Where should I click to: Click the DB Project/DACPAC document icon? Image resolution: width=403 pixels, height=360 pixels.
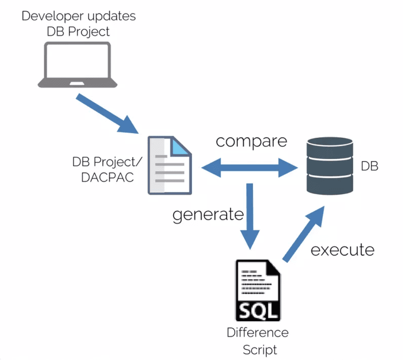(170, 165)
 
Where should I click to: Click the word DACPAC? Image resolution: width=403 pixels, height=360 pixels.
(108, 177)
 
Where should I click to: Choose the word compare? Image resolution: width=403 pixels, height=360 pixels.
(251, 141)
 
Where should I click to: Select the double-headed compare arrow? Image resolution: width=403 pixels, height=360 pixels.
(250, 168)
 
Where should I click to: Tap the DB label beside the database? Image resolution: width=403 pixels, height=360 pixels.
(370, 166)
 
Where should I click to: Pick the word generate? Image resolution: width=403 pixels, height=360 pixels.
(208, 215)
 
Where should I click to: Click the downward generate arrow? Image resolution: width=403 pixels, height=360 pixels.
(250, 217)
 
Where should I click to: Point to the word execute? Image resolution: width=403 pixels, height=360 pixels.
(342, 250)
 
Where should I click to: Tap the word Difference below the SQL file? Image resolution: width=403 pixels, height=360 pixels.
(258, 333)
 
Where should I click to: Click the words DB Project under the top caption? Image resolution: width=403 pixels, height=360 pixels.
(79, 31)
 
